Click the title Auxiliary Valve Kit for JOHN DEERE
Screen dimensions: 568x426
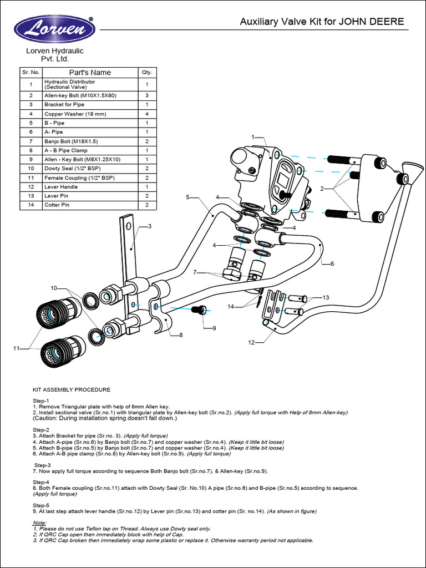[x=322, y=22]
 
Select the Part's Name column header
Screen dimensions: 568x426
[x=90, y=73]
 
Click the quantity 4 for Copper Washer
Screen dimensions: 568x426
[x=147, y=114]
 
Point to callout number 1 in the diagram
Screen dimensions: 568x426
[x=252, y=137]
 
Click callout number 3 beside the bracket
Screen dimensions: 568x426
[x=149, y=226]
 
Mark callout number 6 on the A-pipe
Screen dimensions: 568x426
[x=332, y=264]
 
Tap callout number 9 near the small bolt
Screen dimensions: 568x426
[x=214, y=328]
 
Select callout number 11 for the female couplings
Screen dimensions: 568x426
[x=17, y=348]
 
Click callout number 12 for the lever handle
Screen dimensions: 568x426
[x=251, y=343]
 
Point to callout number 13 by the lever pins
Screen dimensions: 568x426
[x=326, y=298]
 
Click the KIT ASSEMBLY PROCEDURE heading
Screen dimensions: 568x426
[x=72, y=390]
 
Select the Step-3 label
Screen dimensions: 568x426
[x=43, y=465]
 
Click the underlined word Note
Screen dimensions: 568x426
[x=39, y=523]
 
